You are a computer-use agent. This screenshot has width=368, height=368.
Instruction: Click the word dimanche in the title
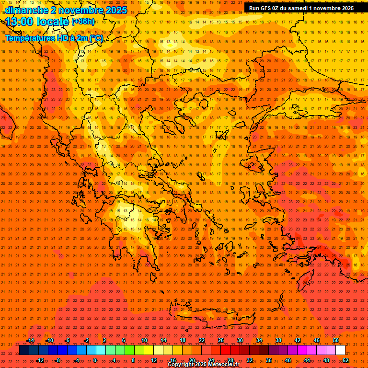pos(25,10)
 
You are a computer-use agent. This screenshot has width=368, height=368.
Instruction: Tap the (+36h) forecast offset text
pos(83,21)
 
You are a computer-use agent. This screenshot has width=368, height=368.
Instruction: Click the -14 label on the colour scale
pos(30,340)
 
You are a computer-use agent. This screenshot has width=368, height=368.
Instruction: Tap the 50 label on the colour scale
pos(336,340)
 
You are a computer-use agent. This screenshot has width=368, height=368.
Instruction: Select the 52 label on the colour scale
pos(345,360)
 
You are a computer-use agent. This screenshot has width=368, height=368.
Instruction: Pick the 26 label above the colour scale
pos(220,340)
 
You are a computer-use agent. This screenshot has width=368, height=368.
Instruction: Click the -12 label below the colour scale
pos(40,360)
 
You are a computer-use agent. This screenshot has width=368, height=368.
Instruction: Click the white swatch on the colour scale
pos(341,350)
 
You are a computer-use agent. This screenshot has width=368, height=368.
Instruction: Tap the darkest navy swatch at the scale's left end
pos(24,350)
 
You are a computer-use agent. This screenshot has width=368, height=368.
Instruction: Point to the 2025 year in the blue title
pos(115,10)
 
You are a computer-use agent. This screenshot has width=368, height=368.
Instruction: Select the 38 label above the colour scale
pos(278,340)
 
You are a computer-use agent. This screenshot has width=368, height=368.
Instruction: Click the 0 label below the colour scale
pos(95,360)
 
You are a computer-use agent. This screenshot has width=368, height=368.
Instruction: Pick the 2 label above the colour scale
pos(104,340)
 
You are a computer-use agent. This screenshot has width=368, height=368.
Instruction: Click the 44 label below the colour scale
pos(307,360)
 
